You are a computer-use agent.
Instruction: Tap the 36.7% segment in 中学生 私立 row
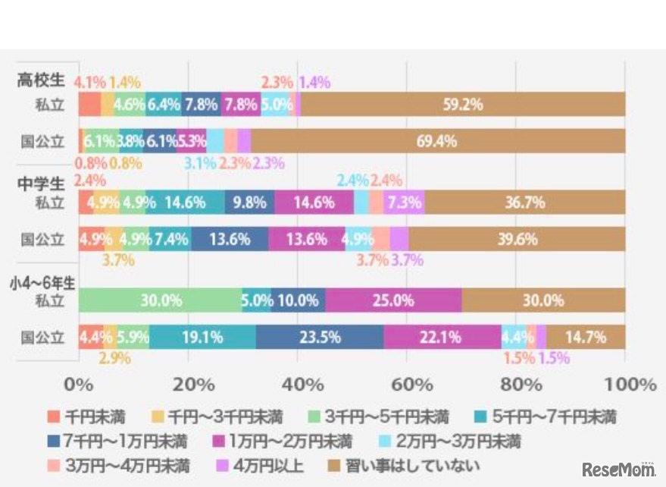click(524, 203)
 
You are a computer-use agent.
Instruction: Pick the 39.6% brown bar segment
click(517, 239)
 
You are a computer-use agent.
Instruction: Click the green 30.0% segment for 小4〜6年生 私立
click(160, 300)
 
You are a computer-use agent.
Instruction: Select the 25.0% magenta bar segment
click(393, 300)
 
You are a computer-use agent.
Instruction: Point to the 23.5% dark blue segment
click(319, 337)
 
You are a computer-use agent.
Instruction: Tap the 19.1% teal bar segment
click(202, 337)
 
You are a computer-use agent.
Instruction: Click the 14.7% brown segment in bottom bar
click(586, 337)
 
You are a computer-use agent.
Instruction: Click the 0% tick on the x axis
click(79, 384)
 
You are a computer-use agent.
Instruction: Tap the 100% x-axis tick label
click(624, 384)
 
